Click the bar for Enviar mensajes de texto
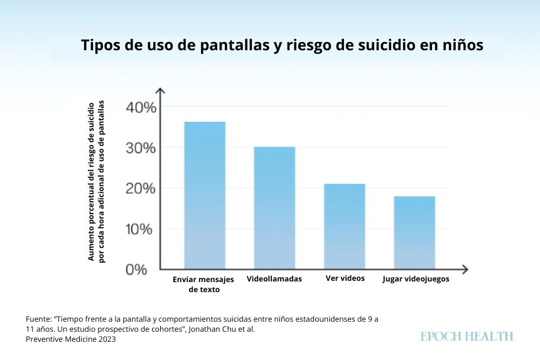(x=204, y=195)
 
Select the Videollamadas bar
(x=274, y=208)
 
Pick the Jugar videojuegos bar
(x=414, y=232)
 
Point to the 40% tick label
(x=141, y=107)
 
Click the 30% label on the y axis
(x=141, y=148)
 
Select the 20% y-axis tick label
(x=141, y=188)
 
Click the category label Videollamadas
(x=274, y=279)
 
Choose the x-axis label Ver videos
(x=345, y=278)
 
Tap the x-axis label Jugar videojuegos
(x=416, y=279)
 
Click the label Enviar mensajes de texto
(x=203, y=284)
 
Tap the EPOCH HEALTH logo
(x=467, y=337)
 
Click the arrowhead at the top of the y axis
(x=160, y=91)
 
